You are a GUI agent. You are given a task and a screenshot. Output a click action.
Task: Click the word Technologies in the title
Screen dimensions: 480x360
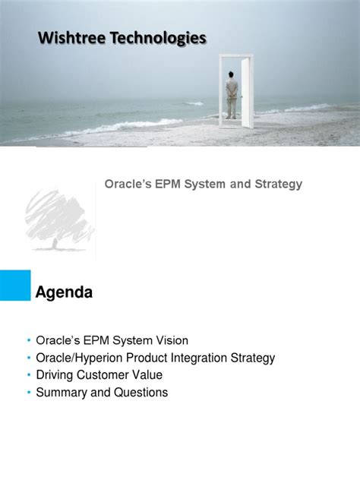[156, 38]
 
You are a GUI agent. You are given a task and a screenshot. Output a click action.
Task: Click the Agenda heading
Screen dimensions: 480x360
[65, 292]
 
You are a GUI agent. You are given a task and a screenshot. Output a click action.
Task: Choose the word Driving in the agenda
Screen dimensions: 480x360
[55, 375]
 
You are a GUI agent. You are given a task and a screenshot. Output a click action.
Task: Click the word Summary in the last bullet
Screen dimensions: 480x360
[61, 393]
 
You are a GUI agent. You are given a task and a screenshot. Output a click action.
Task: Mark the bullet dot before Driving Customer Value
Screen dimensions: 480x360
[28, 375]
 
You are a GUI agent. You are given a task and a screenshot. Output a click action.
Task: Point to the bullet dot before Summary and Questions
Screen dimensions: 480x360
[28, 393]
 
